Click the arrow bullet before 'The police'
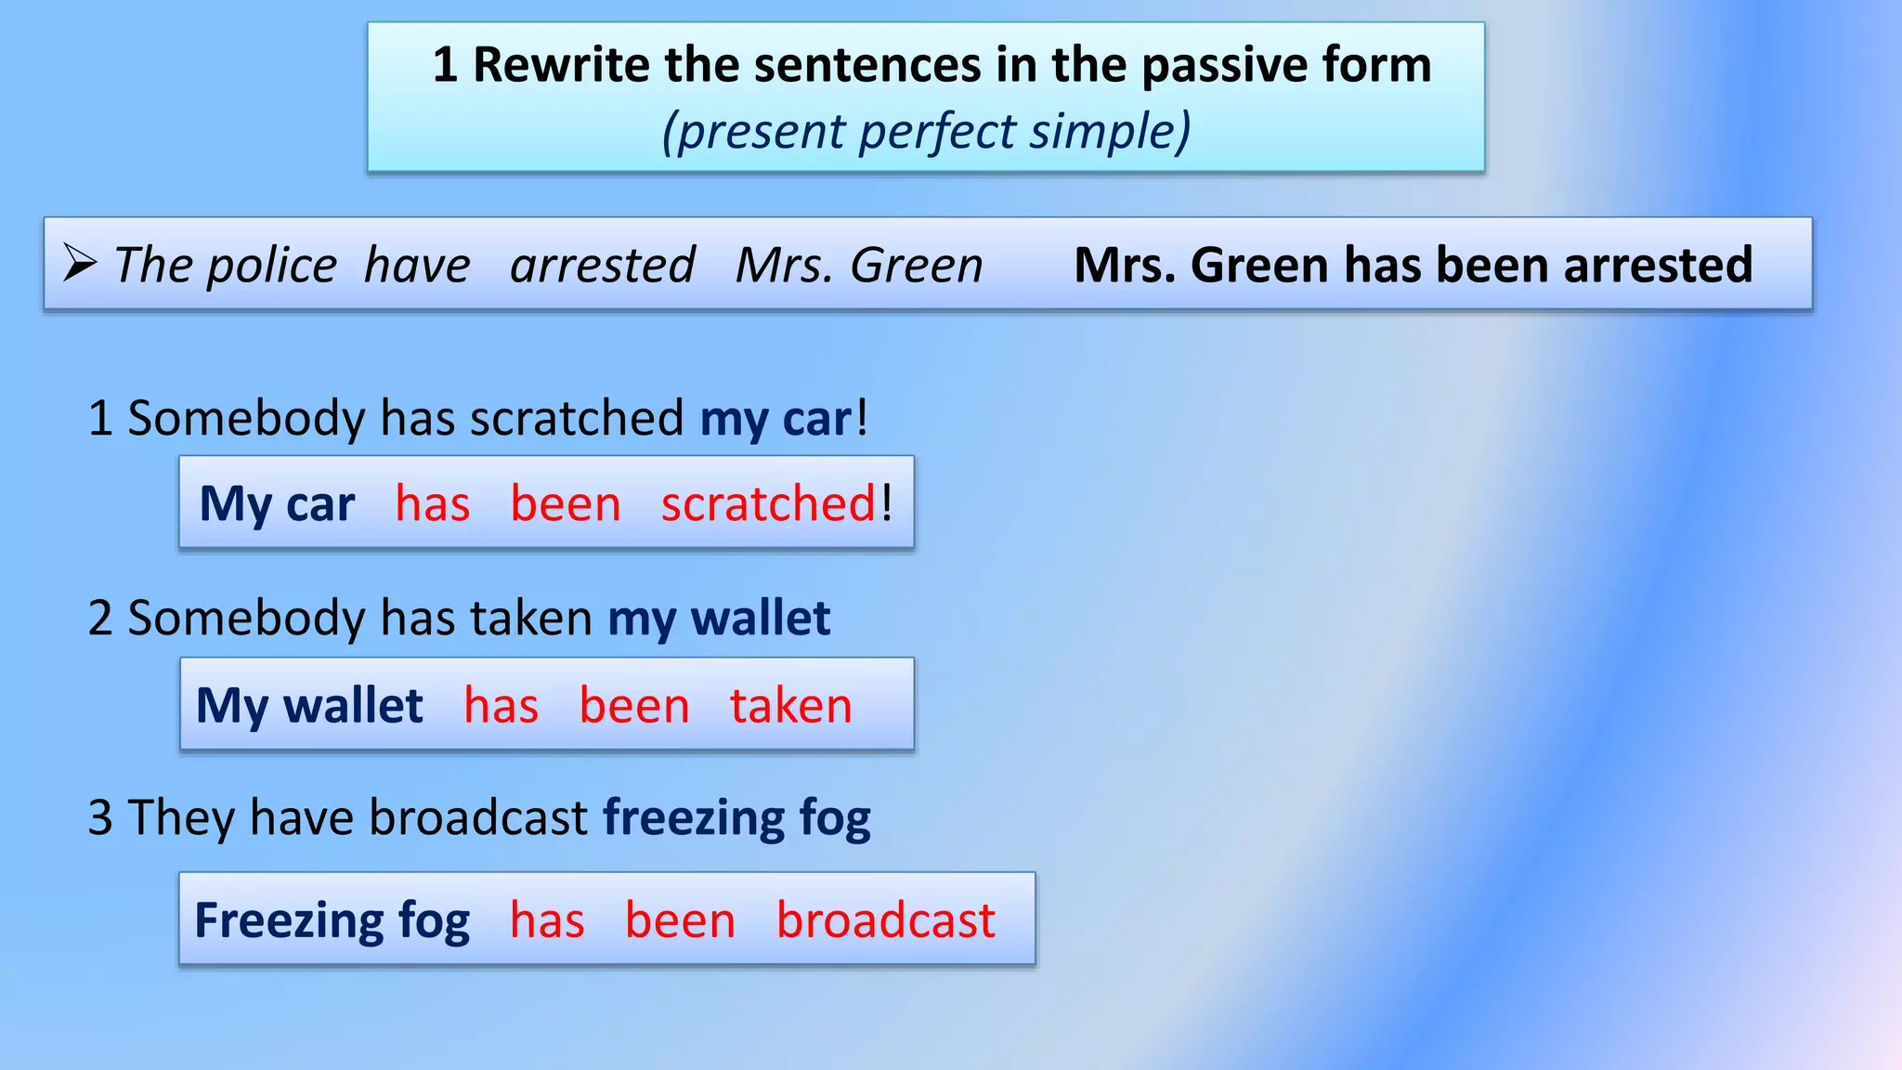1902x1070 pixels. click(x=80, y=264)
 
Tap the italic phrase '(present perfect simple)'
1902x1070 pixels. click(x=926, y=131)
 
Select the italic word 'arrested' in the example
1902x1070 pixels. click(x=602, y=266)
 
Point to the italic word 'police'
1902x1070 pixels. click(x=271, y=266)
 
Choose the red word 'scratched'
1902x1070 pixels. click(x=768, y=504)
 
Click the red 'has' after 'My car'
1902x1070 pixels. click(x=432, y=504)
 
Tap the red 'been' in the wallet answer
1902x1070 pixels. click(x=634, y=706)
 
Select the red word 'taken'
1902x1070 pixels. click(x=790, y=706)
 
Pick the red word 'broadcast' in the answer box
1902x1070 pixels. click(x=885, y=920)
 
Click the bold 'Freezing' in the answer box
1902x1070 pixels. click(x=288, y=920)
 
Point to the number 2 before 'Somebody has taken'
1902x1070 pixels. click(x=100, y=619)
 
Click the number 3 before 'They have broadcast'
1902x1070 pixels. click(x=100, y=818)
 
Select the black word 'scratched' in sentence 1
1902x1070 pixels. click(x=577, y=418)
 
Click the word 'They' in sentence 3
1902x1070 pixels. click(x=181, y=818)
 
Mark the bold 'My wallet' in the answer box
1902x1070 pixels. click(x=309, y=706)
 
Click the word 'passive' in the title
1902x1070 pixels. click(x=1218, y=65)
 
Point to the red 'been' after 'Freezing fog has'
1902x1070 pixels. click(x=680, y=920)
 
